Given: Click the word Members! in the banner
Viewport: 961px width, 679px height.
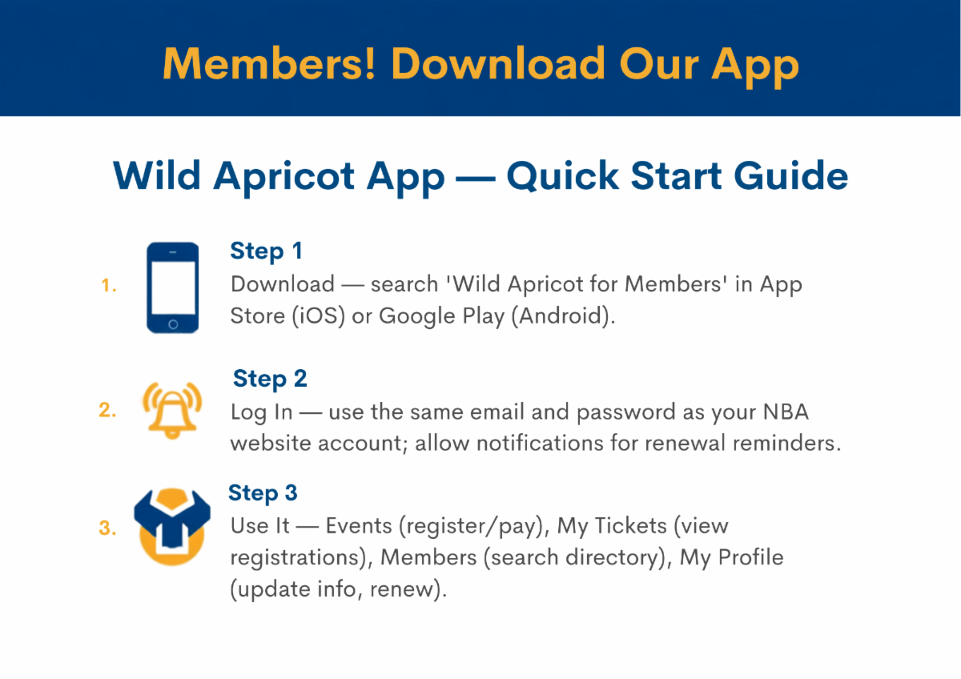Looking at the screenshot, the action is coord(269,63).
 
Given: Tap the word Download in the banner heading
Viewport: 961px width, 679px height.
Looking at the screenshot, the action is coord(498,63).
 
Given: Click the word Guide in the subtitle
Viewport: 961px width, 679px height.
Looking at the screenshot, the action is coord(790,175).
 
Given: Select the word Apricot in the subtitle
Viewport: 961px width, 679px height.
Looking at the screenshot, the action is coord(284,178).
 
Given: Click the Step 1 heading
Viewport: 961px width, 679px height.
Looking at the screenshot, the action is coord(266,251).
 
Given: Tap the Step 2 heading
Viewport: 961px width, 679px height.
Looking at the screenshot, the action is coord(270,380).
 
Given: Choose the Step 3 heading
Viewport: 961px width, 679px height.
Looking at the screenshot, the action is coord(263,493).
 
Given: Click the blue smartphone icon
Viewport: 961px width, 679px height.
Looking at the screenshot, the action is coord(172,287).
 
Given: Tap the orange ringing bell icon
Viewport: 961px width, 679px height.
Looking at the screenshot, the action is coord(172,410).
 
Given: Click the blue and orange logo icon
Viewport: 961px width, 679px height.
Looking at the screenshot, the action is coord(172,527).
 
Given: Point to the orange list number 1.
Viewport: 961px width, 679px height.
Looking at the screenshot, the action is coord(109,285).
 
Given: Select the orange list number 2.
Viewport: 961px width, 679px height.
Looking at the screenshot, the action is coord(107,410).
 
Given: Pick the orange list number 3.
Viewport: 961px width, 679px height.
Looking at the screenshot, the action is coord(107,528).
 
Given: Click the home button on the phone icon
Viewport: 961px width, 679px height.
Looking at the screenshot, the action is coord(173,324).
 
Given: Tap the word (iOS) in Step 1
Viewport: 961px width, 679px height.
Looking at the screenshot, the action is coord(319,316).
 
